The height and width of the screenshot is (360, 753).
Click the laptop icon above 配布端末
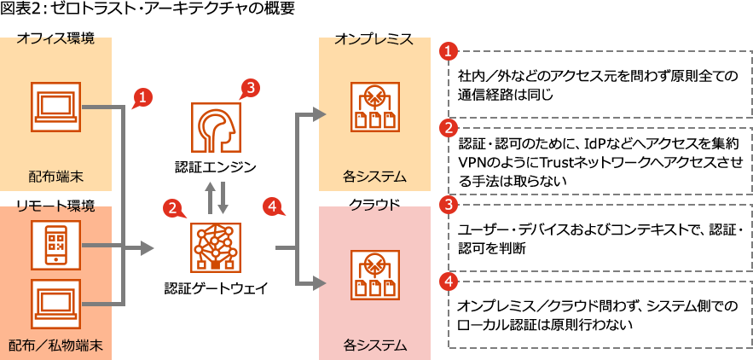pos(55,107)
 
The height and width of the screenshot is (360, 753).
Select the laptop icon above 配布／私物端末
pos(55,304)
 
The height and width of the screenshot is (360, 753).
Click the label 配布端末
pos(55,177)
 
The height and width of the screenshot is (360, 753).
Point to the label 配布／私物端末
pos(55,345)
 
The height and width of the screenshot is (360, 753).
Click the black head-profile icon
pos(216,127)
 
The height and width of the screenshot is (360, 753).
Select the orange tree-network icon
pos(216,247)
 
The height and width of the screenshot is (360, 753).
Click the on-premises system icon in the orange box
pos(375,107)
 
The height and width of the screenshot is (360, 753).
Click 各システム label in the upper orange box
pos(375,177)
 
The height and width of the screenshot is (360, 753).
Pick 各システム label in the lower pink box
pos(375,345)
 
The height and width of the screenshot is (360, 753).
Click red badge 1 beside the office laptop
pos(142,96)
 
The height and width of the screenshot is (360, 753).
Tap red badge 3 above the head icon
pos(249,87)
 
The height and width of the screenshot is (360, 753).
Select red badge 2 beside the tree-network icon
pos(174,206)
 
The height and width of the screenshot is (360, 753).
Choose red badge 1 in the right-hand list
pos(448,51)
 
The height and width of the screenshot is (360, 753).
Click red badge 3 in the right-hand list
pos(448,206)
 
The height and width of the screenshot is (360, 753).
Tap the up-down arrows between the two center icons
pos(216,197)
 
